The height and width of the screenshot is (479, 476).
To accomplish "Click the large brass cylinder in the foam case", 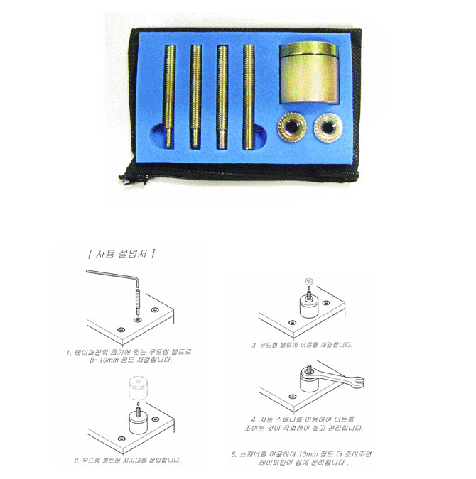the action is click(309, 72).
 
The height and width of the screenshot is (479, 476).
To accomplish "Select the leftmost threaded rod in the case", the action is click(170, 96).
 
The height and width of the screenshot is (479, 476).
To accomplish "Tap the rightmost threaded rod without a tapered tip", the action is click(249, 97).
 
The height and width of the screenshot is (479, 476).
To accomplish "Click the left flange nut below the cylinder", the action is click(291, 127).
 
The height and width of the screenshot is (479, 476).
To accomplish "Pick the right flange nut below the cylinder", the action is click(328, 128).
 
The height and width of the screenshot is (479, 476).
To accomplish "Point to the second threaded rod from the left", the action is click(195, 97).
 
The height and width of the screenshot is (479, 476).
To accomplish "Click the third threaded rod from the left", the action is click(222, 97).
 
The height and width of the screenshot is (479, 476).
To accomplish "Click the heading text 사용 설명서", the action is click(121, 254).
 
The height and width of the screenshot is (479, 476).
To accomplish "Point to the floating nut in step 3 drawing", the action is click(308, 281).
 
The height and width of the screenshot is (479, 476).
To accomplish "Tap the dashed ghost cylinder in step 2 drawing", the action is click(138, 388).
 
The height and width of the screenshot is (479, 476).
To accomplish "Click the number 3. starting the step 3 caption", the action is click(254, 345).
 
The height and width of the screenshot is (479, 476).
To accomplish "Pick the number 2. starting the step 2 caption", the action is click(77, 461).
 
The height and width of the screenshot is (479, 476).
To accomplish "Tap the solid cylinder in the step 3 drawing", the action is click(308, 307).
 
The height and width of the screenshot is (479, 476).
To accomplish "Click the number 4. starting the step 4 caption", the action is click(254, 419).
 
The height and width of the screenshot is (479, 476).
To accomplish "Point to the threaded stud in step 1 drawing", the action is click(137, 302).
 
